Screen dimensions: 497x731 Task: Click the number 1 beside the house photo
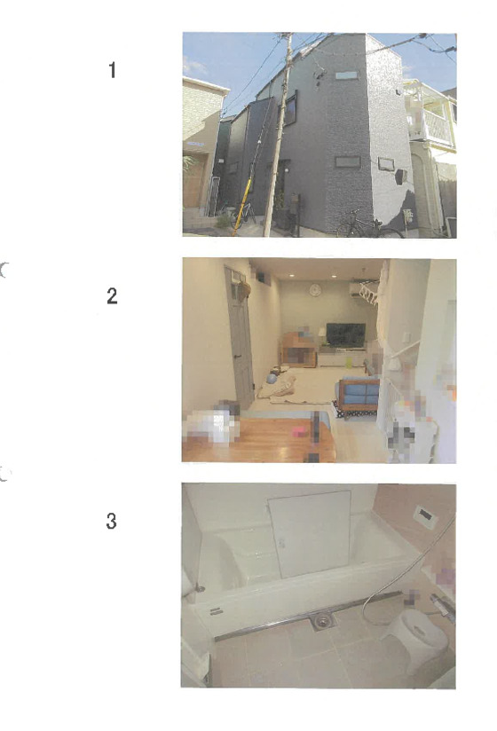[112, 70]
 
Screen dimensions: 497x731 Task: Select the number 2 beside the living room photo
[112, 295]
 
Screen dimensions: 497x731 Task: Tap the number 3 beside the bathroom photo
[112, 522]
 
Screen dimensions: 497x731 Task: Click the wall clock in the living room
[315, 290]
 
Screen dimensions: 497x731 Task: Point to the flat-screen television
[345, 335]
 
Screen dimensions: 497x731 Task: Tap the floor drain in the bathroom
[320, 620]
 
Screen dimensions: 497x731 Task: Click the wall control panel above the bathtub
[425, 516]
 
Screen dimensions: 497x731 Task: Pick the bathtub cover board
[310, 533]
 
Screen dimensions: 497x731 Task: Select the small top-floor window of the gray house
[346, 75]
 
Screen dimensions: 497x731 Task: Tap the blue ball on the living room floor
[272, 378]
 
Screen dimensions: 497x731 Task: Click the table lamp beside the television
[321, 335]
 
